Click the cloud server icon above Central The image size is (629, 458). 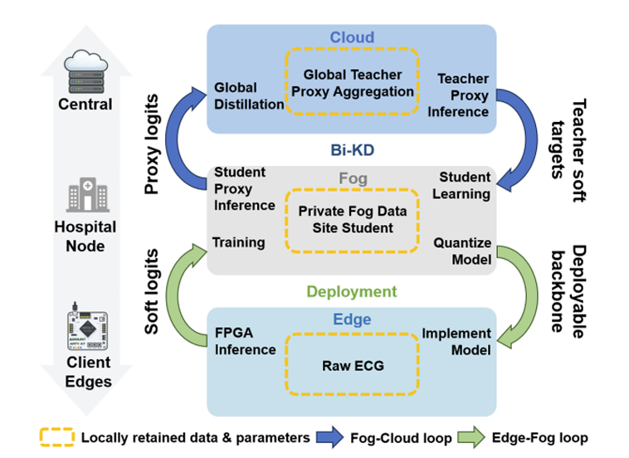(x=85, y=71)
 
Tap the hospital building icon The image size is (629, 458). (x=88, y=194)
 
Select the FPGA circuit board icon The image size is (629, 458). (x=87, y=327)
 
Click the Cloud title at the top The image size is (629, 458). (x=352, y=37)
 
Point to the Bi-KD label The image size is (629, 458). (x=352, y=150)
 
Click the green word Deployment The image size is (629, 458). (x=352, y=291)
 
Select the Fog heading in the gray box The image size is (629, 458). (x=353, y=178)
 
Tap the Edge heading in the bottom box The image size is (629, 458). (x=352, y=319)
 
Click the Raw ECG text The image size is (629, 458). (x=353, y=366)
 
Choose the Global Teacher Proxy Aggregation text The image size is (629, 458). (x=353, y=83)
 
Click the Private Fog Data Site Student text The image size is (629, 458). (x=353, y=219)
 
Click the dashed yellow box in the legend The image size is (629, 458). (x=57, y=437)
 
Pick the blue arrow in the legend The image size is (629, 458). (x=329, y=437)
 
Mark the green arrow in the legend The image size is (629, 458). (x=471, y=437)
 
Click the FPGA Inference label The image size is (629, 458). (x=245, y=341)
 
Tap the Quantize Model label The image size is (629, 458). (x=462, y=251)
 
